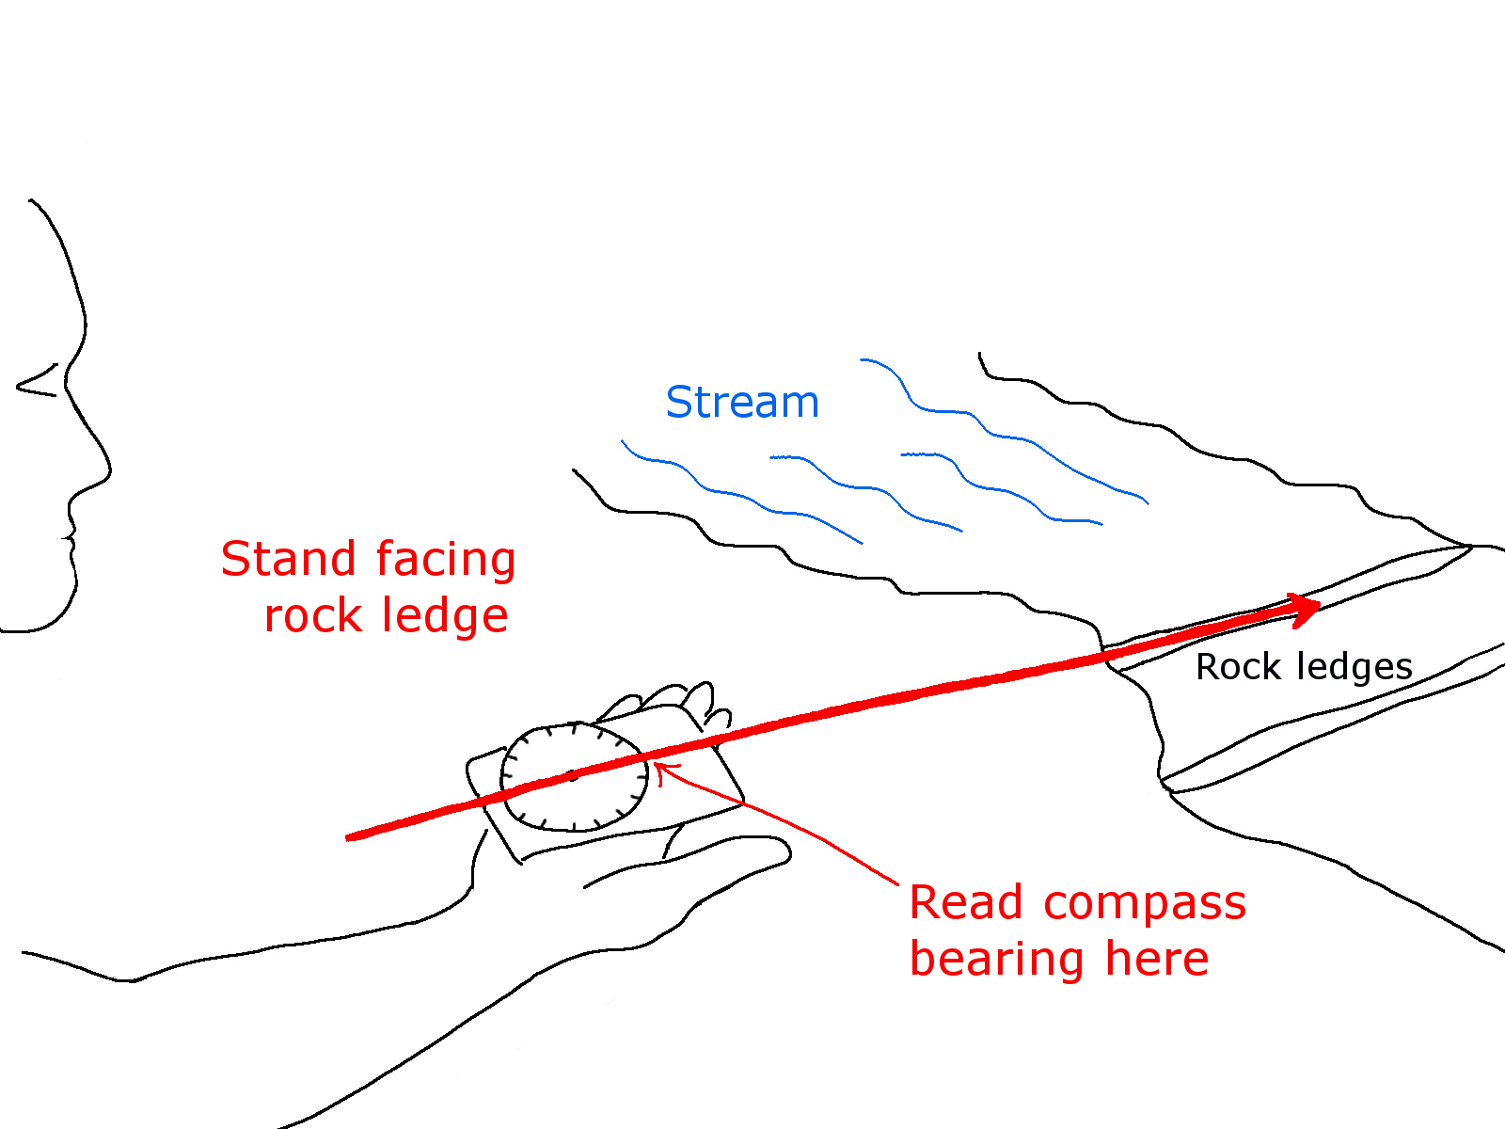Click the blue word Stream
(x=742, y=403)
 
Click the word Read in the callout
(x=966, y=903)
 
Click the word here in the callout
(x=1157, y=959)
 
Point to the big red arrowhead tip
(x=1320, y=607)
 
